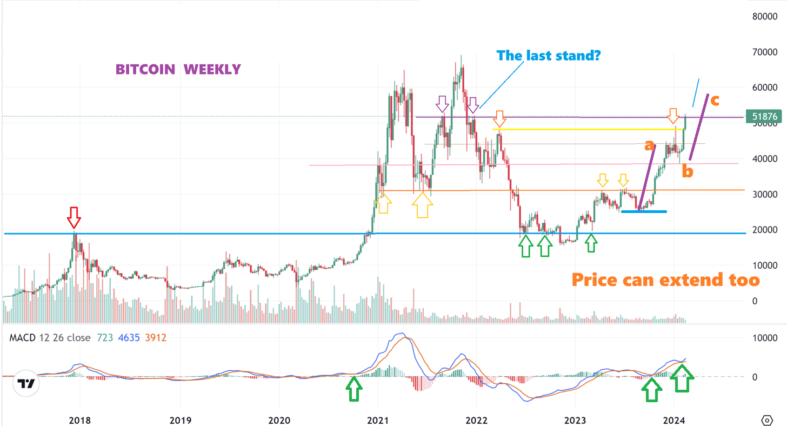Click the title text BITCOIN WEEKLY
178,70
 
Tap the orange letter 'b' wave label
687,172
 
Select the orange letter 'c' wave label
715,99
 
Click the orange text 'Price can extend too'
665,279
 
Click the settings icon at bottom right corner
767,420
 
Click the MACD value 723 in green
105,338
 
